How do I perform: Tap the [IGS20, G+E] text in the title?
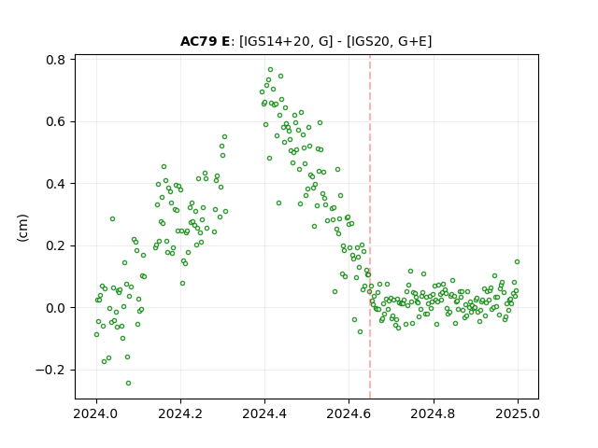click(389, 41)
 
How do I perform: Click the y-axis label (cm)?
click(22, 228)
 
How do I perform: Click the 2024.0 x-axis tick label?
click(96, 413)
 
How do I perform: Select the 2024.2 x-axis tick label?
click(180, 413)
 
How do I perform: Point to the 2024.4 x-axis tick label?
click(264, 413)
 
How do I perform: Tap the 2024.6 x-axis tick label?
click(349, 413)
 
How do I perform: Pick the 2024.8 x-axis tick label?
click(434, 413)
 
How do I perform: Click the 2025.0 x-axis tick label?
click(518, 413)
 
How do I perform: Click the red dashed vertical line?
click(370, 227)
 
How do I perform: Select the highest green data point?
click(270, 70)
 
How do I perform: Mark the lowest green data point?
click(129, 384)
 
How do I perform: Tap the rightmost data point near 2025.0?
click(517, 261)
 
